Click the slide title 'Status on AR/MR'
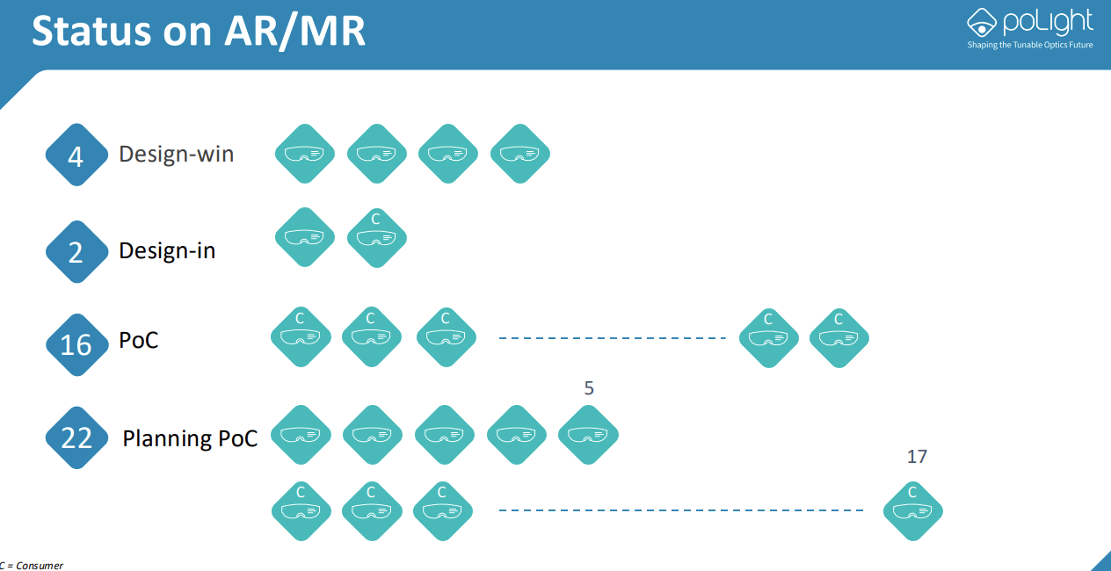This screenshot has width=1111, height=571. coord(199,31)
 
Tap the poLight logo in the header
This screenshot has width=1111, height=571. coord(1029,22)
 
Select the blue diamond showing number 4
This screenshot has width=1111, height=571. coord(76,155)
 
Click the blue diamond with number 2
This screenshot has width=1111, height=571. coord(76,252)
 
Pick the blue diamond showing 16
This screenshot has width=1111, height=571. coord(76,343)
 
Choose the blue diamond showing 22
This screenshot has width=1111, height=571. coord(76,437)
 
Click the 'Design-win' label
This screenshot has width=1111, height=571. coord(177,155)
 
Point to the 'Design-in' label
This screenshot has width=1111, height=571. coord(167,251)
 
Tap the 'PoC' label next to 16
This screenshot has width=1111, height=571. coord(139,341)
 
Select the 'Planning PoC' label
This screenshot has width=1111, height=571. coord(190,437)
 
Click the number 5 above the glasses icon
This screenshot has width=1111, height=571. coord(589,388)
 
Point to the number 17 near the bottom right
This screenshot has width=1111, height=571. coord(917,457)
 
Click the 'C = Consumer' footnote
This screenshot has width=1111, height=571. coord(32,565)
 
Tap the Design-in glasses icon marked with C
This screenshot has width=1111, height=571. coord(376,237)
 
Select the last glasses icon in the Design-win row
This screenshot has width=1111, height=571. coord(520,154)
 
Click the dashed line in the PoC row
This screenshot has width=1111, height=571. coord(612,338)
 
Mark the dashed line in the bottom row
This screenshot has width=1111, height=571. coord(681,510)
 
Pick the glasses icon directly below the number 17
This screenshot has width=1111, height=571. coord(913,510)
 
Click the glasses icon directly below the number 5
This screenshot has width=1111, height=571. coord(589,435)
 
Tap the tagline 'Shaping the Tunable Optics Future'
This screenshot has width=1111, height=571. coord(1029,45)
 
